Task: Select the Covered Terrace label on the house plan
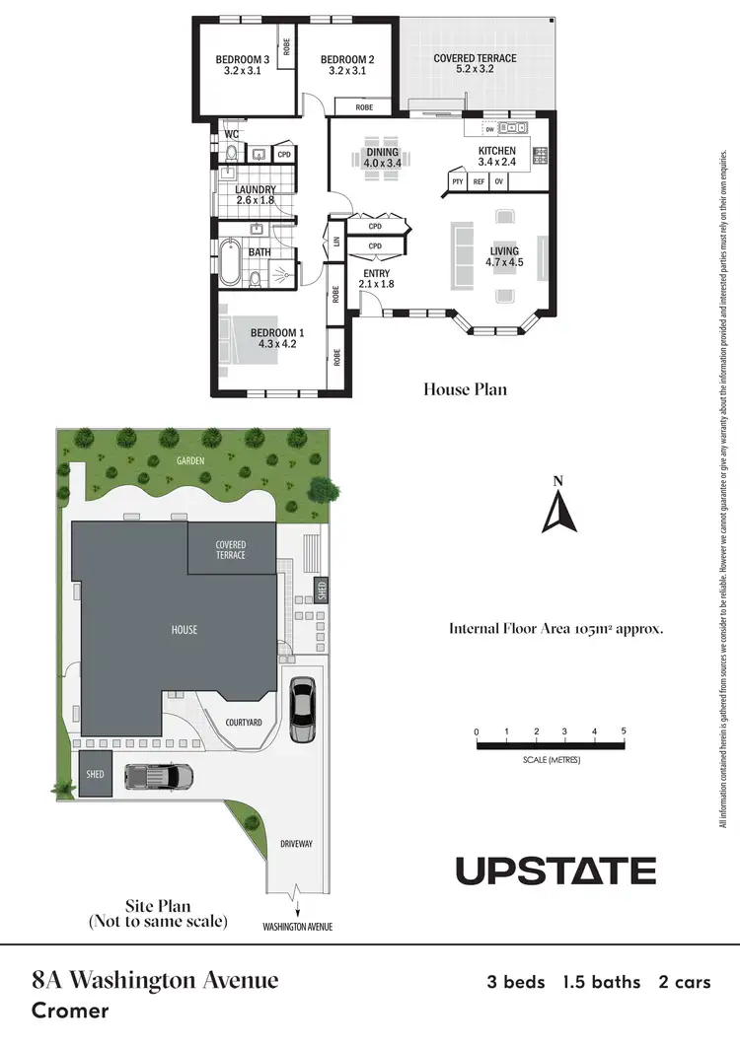475,64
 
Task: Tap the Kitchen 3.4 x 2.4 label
496,156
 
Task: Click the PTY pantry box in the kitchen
457,181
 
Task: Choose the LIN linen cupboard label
337,241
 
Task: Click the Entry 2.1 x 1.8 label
376,279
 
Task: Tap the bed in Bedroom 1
247,339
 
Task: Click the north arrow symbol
557,508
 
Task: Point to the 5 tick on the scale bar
625,731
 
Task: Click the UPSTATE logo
555,871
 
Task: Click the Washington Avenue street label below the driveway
297,927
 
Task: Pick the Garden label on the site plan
191,460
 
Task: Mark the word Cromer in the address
70,1010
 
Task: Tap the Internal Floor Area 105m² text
555,628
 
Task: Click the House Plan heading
465,389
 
